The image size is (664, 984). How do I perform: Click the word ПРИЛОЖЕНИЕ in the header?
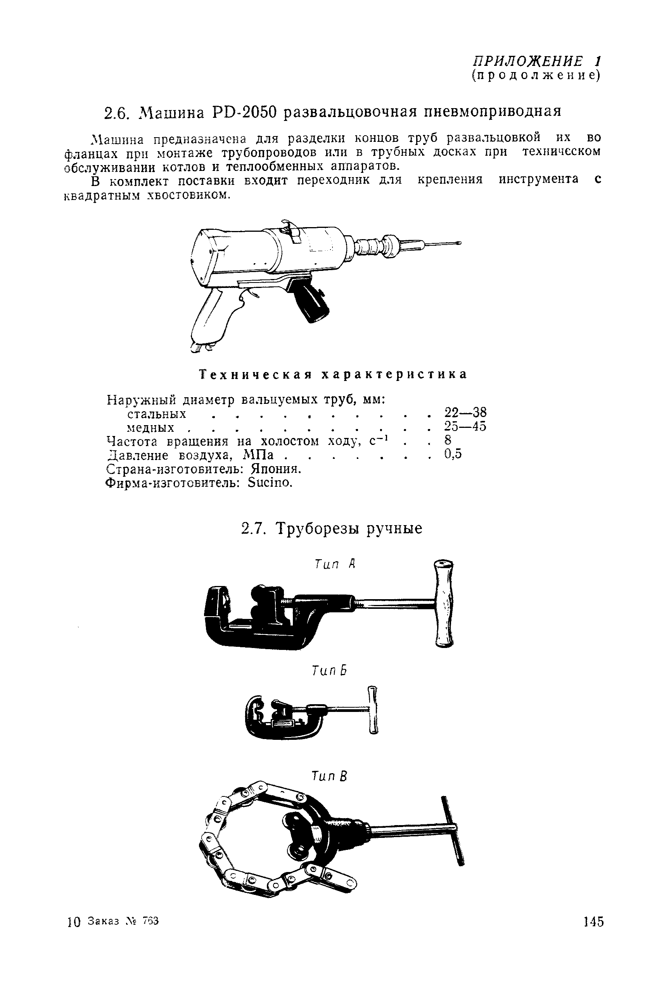pos(527,61)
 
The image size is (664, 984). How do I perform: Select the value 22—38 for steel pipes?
pos(465,412)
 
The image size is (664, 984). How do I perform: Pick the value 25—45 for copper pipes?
pos(465,426)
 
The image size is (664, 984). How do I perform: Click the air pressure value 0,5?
pos(453,454)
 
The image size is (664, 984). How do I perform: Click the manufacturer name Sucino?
pos(270,483)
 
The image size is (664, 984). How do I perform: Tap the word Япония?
pos(276,469)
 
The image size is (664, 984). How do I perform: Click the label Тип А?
pos(335,564)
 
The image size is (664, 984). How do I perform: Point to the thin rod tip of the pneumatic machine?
pos(444,243)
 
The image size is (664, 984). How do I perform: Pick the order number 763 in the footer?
pos(150,920)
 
